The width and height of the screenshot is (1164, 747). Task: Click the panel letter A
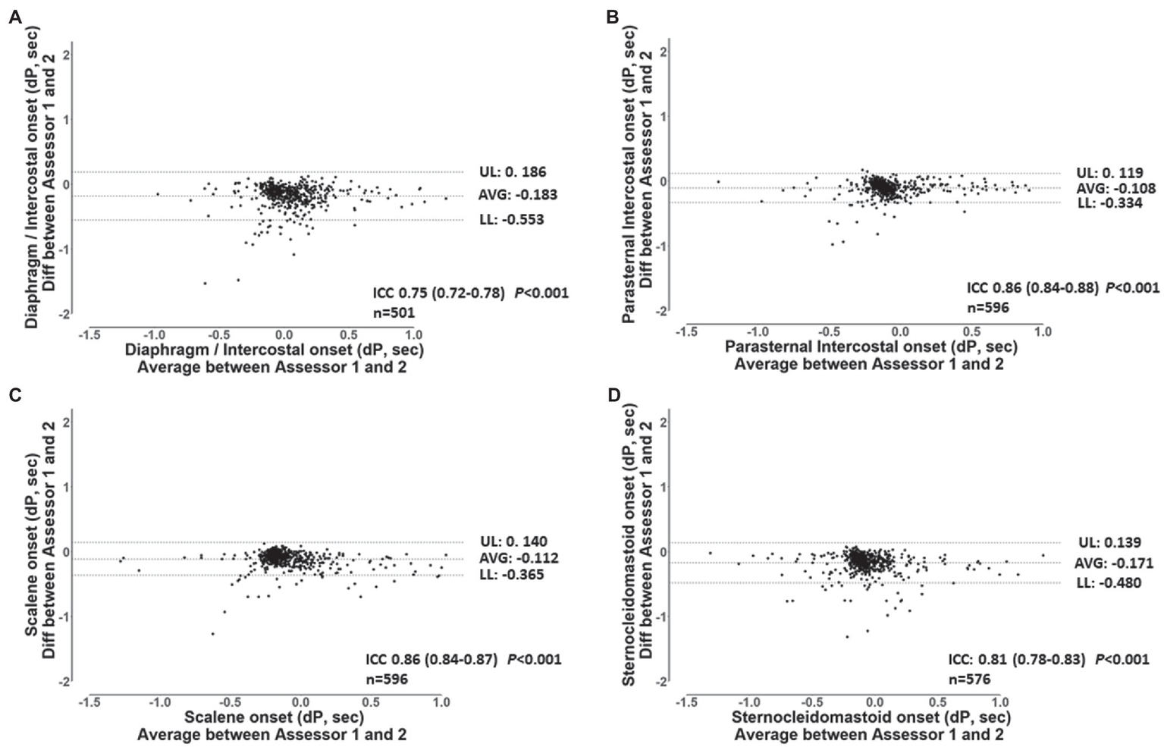[x=14, y=18]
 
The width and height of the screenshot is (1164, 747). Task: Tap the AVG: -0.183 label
[x=517, y=195]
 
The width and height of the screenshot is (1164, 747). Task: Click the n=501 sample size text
[x=394, y=311]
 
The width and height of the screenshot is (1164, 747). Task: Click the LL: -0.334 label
[x=1109, y=203]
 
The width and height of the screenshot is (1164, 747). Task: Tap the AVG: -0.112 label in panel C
[x=513, y=558]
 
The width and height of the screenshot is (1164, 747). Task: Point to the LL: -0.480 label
[x=1108, y=583]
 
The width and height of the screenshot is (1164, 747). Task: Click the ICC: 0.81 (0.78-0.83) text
[x=1016, y=660]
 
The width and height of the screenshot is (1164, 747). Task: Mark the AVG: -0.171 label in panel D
[x=1113, y=563]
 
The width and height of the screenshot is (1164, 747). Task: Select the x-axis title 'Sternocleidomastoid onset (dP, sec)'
[x=871, y=717]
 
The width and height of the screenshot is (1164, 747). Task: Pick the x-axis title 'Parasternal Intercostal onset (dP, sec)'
[x=871, y=347]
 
